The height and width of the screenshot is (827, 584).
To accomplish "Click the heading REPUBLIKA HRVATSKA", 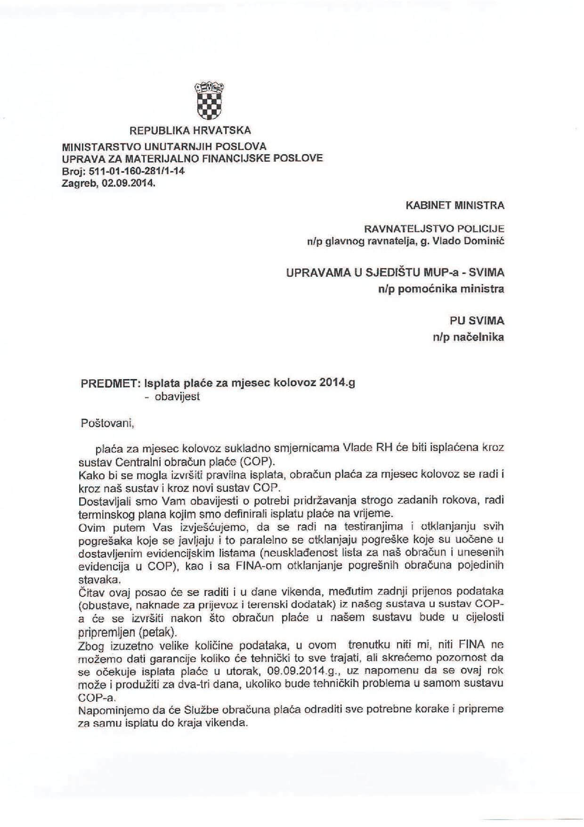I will coord(190,130).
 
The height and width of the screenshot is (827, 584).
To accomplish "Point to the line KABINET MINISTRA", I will coord(454,206).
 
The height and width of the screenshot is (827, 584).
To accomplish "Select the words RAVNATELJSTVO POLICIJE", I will coord(434,229).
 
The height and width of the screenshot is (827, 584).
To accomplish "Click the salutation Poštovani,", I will coord(108,423).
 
